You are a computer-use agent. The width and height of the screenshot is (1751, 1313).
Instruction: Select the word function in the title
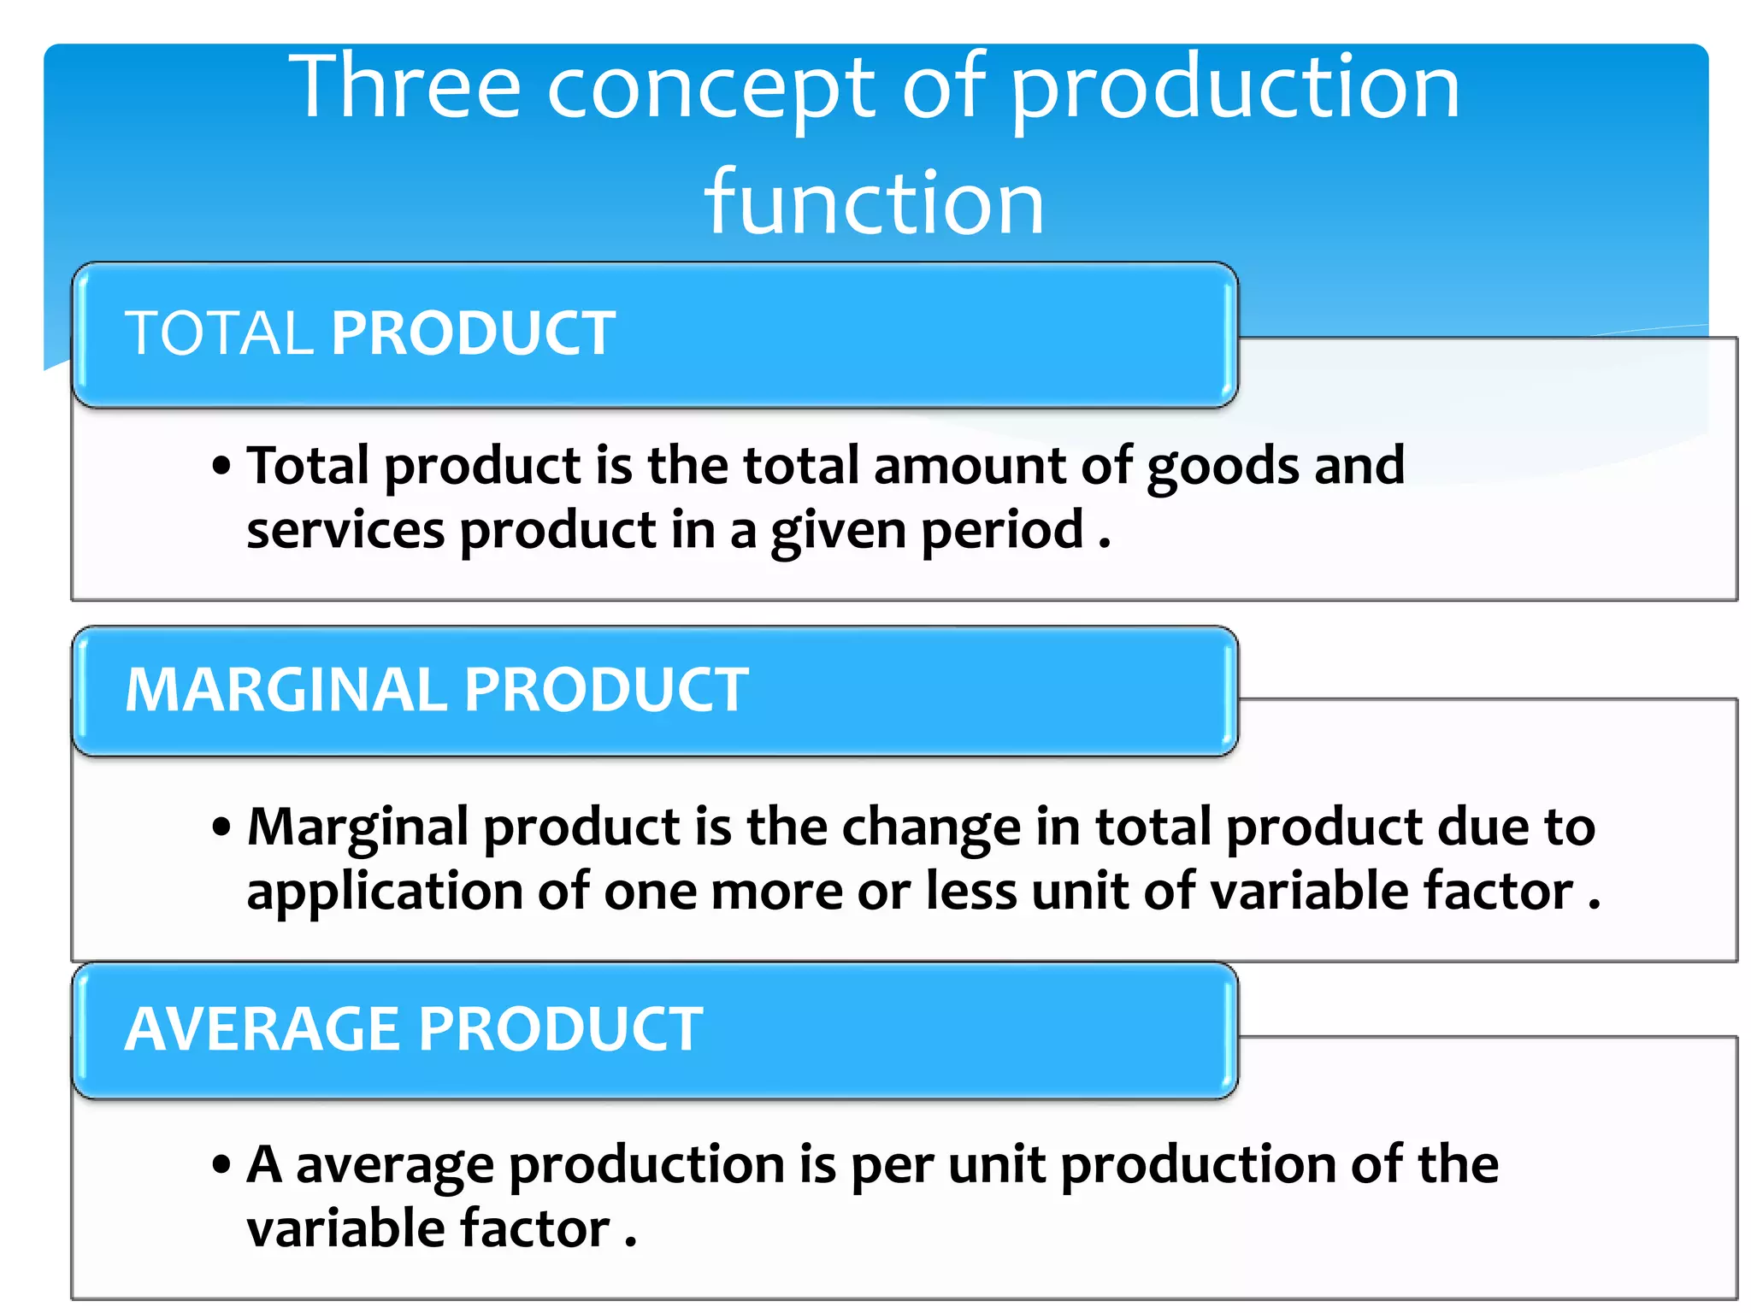[x=874, y=203]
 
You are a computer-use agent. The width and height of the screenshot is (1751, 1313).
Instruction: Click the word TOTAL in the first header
[x=219, y=333]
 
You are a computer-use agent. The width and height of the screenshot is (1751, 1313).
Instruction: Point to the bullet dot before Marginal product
[x=222, y=827]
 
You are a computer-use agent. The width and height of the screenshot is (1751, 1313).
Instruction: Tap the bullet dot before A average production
[x=222, y=1165]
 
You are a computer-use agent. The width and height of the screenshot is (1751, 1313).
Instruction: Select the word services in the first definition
[x=345, y=530]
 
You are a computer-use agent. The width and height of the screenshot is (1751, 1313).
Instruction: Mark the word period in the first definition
[x=1002, y=532]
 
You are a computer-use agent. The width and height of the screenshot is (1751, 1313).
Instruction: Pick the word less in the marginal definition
[x=971, y=891]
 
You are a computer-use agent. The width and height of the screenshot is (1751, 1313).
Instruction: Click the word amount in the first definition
[x=970, y=466]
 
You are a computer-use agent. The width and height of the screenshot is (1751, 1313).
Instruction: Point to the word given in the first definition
[x=838, y=532]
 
